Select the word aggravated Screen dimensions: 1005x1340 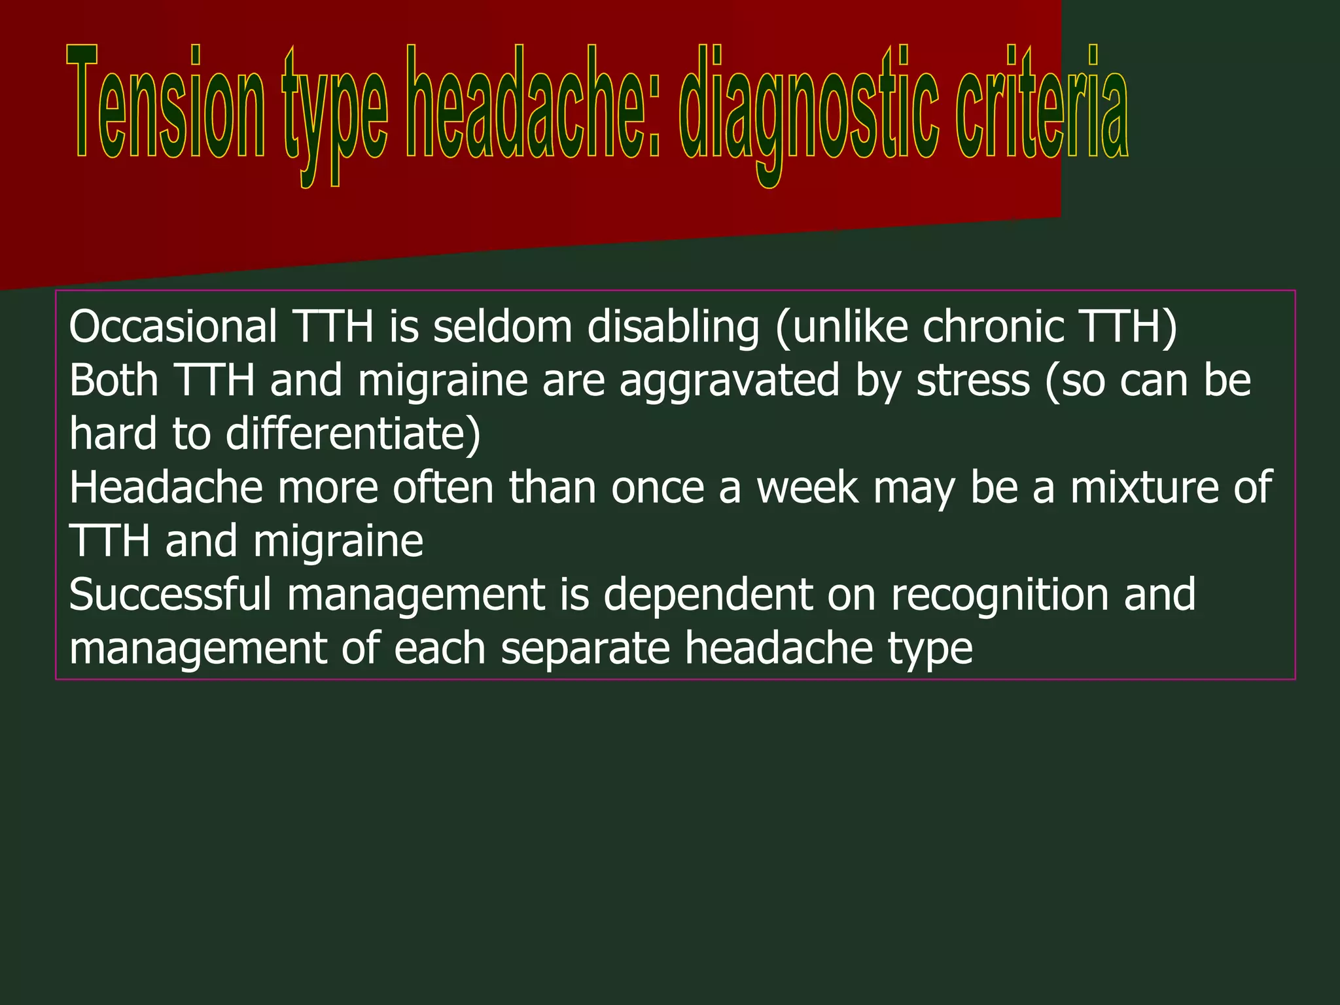(729, 381)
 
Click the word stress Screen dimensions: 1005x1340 (973, 381)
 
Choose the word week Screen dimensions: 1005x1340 (807, 487)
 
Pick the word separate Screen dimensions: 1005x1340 (586, 649)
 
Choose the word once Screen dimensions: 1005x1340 (658, 489)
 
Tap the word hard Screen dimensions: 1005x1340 (113, 434)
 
